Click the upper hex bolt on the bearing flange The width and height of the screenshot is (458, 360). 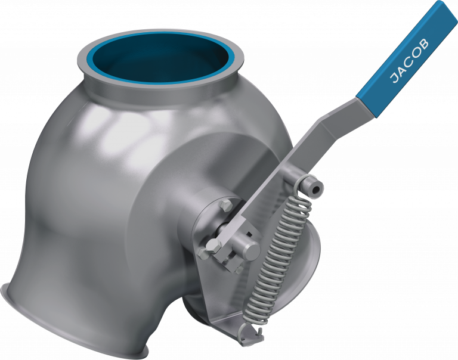coord(225,207)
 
